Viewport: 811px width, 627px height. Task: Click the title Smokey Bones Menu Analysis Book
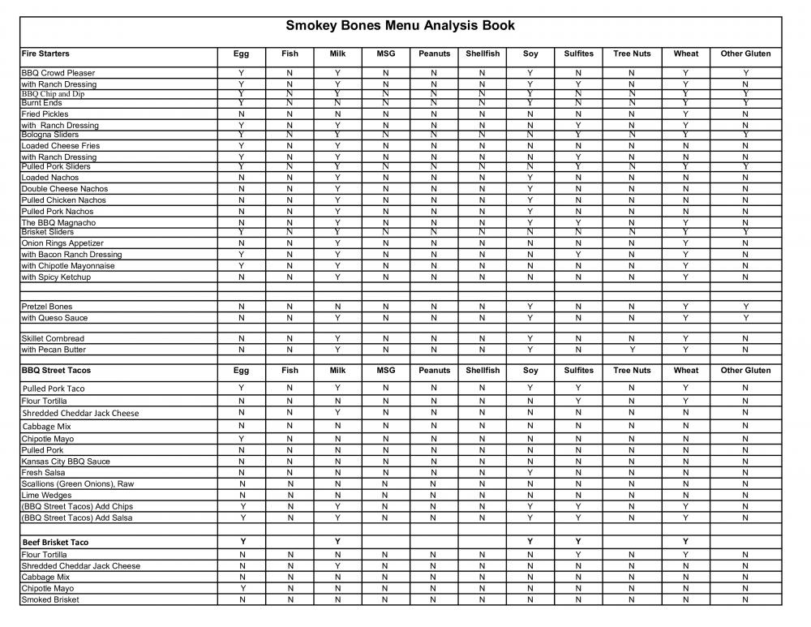click(x=400, y=26)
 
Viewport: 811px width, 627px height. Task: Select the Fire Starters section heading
click(x=45, y=54)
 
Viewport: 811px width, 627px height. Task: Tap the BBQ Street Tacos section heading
click(x=56, y=370)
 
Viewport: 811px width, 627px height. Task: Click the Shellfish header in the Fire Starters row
click(x=483, y=54)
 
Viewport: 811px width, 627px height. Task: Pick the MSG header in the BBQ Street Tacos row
click(x=386, y=370)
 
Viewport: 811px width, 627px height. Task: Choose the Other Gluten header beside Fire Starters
click(x=745, y=54)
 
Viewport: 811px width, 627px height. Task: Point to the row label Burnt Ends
click(x=41, y=103)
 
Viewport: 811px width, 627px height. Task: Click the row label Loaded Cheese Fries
click(x=61, y=146)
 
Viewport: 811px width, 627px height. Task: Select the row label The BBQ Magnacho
click(x=58, y=222)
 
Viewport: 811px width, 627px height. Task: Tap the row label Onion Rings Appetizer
click(x=62, y=243)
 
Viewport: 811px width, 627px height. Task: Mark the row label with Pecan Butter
click(x=54, y=350)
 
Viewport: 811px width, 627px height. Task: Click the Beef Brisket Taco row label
click(x=56, y=542)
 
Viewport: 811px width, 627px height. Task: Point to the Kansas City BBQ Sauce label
click(x=66, y=462)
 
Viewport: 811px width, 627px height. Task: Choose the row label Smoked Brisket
click(x=50, y=599)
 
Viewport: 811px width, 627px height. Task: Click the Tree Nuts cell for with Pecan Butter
click(x=632, y=350)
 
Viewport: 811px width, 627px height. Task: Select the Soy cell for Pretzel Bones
click(x=530, y=307)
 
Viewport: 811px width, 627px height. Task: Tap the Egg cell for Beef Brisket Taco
click(x=242, y=541)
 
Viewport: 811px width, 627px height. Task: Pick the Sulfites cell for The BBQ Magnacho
click(x=578, y=222)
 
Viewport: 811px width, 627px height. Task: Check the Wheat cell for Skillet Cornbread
click(x=685, y=338)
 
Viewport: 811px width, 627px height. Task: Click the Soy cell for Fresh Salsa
click(x=530, y=473)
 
